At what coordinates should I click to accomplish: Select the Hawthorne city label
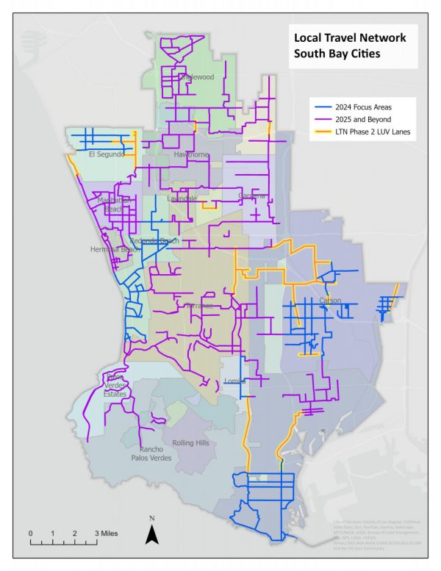click(x=192, y=155)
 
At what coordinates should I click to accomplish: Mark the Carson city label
click(x=331, y=301)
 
